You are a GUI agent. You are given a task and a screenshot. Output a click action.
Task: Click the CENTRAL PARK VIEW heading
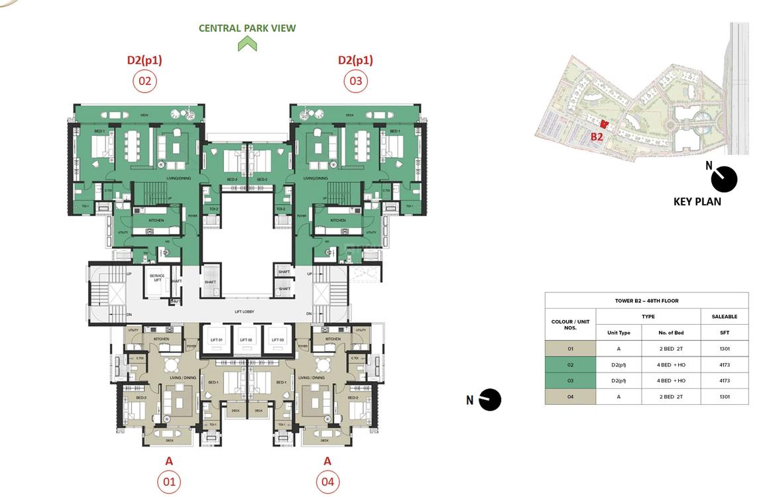coord(247,28)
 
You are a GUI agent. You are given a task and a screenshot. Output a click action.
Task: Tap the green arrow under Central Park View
coord(247,44)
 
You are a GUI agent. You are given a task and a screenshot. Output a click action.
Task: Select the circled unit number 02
coord(144,82)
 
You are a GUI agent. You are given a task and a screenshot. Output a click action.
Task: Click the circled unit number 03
coord(355,82)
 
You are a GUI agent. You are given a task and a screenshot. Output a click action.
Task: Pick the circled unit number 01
coord(169,481)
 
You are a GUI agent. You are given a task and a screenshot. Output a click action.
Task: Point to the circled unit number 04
coord(327,481)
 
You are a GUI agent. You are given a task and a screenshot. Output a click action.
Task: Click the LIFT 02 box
coord(247,339)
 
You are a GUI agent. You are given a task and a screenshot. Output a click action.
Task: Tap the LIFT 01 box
coord(217,339)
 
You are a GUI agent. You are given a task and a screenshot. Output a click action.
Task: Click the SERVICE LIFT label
coord(157,277)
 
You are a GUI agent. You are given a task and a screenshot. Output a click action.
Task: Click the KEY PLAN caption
coord(697,201)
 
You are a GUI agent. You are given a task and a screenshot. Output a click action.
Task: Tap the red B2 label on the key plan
coord(597,137)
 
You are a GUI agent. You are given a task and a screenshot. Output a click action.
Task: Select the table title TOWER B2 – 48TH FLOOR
coord(646,301)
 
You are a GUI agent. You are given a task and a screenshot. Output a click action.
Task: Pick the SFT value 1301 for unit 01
coord(724,349)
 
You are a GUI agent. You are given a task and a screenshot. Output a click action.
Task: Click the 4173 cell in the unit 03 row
coord(724,381)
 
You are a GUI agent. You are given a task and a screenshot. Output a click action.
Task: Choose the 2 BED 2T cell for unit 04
coord(670,397)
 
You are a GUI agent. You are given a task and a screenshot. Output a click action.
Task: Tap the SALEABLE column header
coord(724,317)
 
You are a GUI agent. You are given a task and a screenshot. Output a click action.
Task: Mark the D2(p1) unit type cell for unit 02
coord(619,365)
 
